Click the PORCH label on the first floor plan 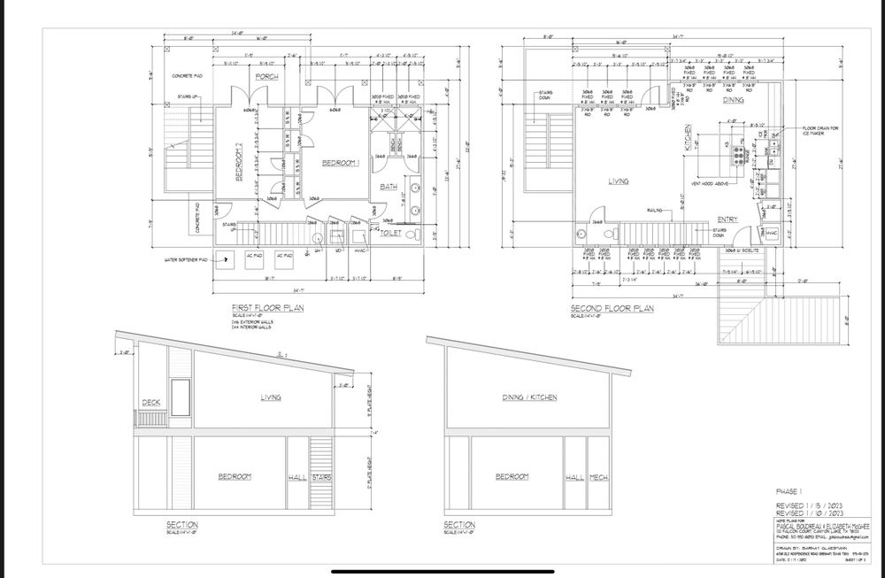[x=267, y=77]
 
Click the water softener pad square [x=229, y=260]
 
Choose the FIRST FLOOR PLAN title [x=265, y=308]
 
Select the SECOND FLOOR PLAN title [x=612, y=309]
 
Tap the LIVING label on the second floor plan [x=618, y=181]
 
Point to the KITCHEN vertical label [x=687, y=141]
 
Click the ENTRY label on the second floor [x=727, y=219]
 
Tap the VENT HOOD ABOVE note [x=708, y=185]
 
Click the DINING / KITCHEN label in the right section [x=529, y=398]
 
